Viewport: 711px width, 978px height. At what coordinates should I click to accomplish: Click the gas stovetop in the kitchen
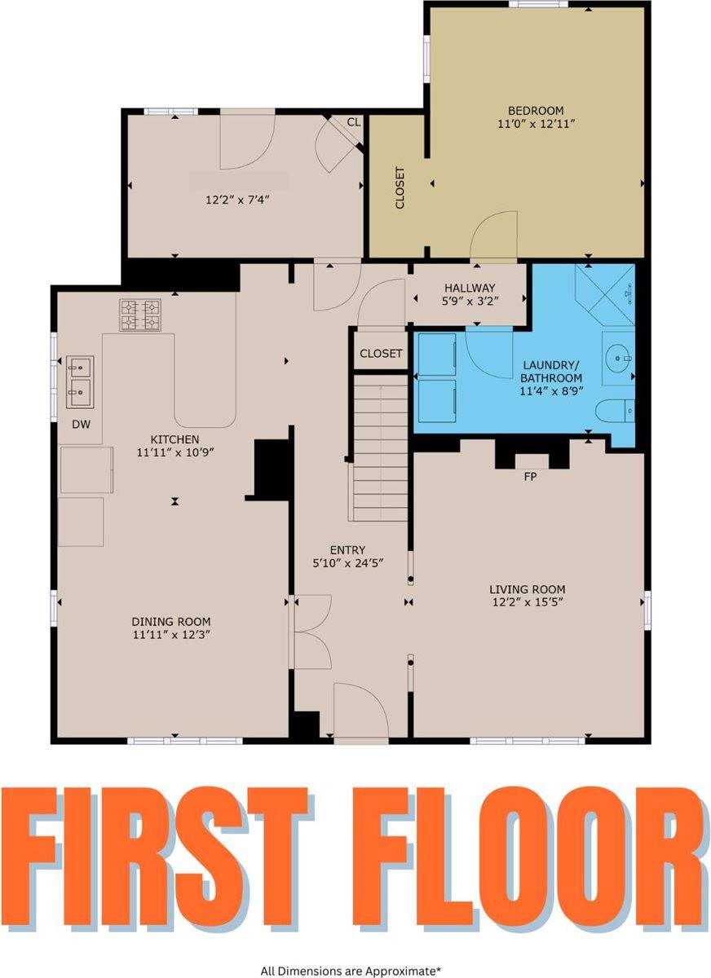click(x=139, y=315)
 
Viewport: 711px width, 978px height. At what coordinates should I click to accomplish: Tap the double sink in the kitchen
click(x=80, y=382)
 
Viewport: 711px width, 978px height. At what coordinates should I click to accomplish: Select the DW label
click(x=82, y=424)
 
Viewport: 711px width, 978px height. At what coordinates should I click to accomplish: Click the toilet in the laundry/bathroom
click(x=615, y=411)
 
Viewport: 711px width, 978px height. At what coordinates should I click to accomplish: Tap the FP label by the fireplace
click(x=530, y=478)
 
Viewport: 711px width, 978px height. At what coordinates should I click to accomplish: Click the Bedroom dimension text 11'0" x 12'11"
click(x=536, y=124)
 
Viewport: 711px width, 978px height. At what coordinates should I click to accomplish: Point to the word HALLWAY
click(x=470, y=288)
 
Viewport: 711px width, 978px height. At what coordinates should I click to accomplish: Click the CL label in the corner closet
click(x=354, y=123)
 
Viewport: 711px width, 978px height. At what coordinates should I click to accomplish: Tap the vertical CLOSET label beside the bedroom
click(x=400, y=187)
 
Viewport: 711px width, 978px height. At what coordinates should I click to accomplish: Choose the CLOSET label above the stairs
click(x=381, y=353)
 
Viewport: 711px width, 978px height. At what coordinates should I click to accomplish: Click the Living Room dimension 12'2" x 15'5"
click(x=528, y=601)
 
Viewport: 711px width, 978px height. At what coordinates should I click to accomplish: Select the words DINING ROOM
click(x=171, y=621)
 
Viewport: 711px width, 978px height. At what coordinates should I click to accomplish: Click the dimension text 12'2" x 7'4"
click(x=237, y=200)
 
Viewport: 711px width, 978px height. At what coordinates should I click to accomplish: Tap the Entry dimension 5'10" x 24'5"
click(x=347, y=563)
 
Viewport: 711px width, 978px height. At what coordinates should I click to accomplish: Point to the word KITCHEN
click(x=174, y=439)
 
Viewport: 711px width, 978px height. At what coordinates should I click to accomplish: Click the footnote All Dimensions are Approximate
click(x=351, y=968)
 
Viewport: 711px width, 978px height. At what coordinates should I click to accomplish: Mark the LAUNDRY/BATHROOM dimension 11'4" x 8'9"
click(x=551, y=390)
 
